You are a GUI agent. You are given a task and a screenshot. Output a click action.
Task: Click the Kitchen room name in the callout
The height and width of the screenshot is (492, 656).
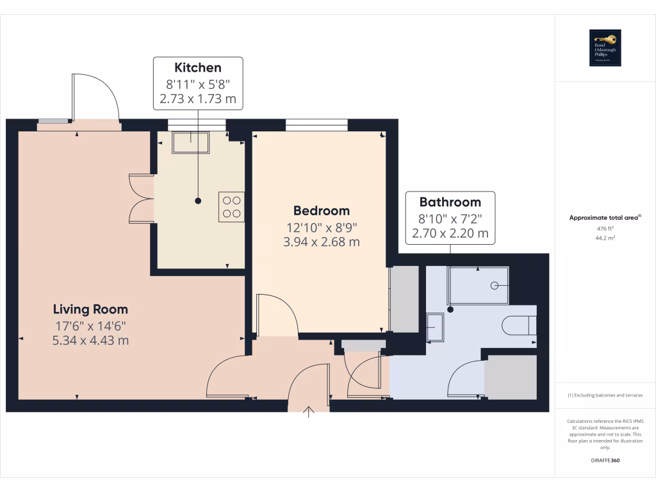(198, 68)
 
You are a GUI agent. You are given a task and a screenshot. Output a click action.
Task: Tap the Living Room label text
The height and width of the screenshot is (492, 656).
(90, 309)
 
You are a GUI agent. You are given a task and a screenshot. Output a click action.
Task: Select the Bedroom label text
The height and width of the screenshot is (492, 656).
(322, 211)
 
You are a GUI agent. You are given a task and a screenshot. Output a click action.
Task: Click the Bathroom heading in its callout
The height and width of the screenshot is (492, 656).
(450, 202)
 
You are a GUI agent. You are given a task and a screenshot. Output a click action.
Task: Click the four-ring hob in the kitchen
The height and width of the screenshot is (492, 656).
(231, 207)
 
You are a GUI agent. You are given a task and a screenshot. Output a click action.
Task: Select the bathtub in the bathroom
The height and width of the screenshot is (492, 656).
(478, 285)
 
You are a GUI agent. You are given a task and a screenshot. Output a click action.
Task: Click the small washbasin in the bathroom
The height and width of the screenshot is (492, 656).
(434, 327)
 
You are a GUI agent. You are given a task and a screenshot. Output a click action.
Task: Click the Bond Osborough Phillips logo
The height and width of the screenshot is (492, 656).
(605, 48)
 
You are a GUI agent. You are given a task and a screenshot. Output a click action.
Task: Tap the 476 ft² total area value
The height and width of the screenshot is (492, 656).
(605, 228)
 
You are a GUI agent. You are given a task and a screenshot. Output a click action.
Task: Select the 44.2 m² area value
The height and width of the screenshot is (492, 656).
(605, 238)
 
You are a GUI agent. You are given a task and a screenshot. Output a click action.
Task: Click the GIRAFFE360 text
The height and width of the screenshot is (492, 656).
(605, 461)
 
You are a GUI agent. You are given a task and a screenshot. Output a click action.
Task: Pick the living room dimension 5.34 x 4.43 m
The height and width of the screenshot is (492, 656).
(90, 340)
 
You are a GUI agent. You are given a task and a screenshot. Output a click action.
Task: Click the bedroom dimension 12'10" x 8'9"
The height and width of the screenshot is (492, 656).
(322, 227)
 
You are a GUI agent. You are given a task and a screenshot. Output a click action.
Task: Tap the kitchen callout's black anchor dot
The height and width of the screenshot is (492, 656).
(198, 201)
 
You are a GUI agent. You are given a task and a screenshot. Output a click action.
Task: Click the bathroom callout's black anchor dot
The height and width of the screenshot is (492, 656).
(450, 309)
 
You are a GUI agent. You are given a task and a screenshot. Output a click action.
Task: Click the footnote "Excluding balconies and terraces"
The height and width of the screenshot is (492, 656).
(605, 395)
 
